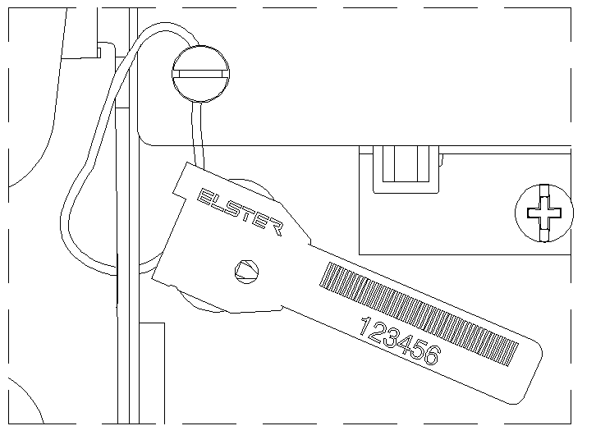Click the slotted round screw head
[x=200, y=74]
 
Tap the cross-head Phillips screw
[x=544, y=213]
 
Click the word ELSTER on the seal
[x=241, y=212]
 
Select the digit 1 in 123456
[x=365, y=327]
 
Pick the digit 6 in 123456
[x=432, y=355]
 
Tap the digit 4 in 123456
[x=405, y=344]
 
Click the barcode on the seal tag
[x=419, y=314]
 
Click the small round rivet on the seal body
[x=246, y=272]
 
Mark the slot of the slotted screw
[x=200, y=74]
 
